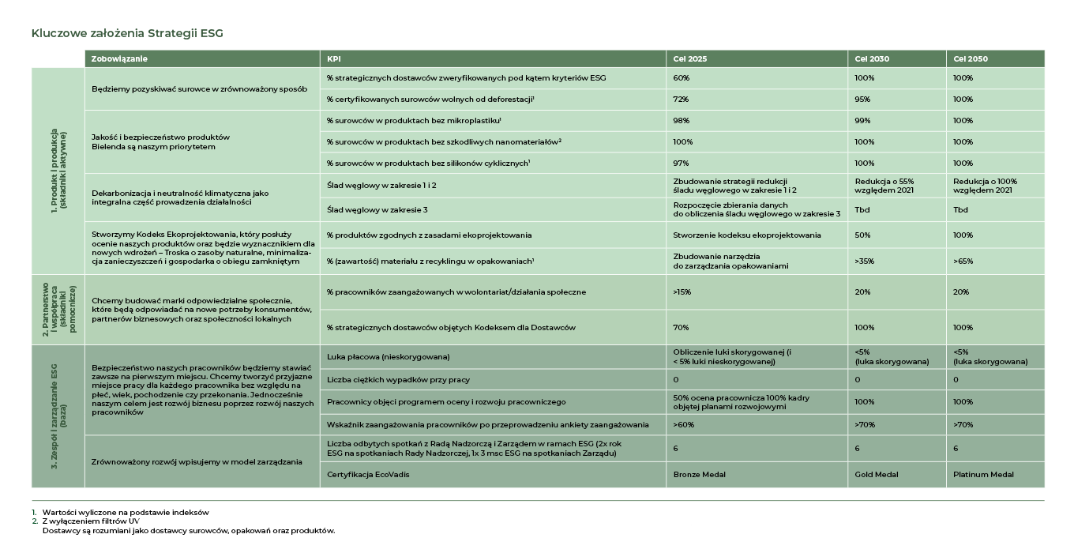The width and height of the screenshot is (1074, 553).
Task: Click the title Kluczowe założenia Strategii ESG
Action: coord(127,33)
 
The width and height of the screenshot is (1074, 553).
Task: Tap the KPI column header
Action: coord(334,59)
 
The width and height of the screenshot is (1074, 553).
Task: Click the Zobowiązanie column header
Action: coord(119,59)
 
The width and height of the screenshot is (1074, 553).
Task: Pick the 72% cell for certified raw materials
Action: coord(682,100)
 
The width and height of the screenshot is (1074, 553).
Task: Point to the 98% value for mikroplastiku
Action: coord(682,121)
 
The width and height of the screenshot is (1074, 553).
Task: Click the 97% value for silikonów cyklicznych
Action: coord(682,164)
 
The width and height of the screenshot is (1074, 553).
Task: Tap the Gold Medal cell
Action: coord(877,475)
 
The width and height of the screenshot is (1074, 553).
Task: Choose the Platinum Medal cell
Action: coord(983,475)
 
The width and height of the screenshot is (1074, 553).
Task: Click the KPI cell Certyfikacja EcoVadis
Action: coord(368,475)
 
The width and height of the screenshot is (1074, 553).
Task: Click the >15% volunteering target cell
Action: coord(682,292)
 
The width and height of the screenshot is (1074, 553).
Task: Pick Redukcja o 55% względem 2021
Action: coord(884,186)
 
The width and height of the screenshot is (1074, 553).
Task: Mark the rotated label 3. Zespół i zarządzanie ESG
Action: coord(58,416)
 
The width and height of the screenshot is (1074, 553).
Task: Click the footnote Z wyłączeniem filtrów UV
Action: coord(80,521)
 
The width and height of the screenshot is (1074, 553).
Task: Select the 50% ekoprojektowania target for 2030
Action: coord(862,235)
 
